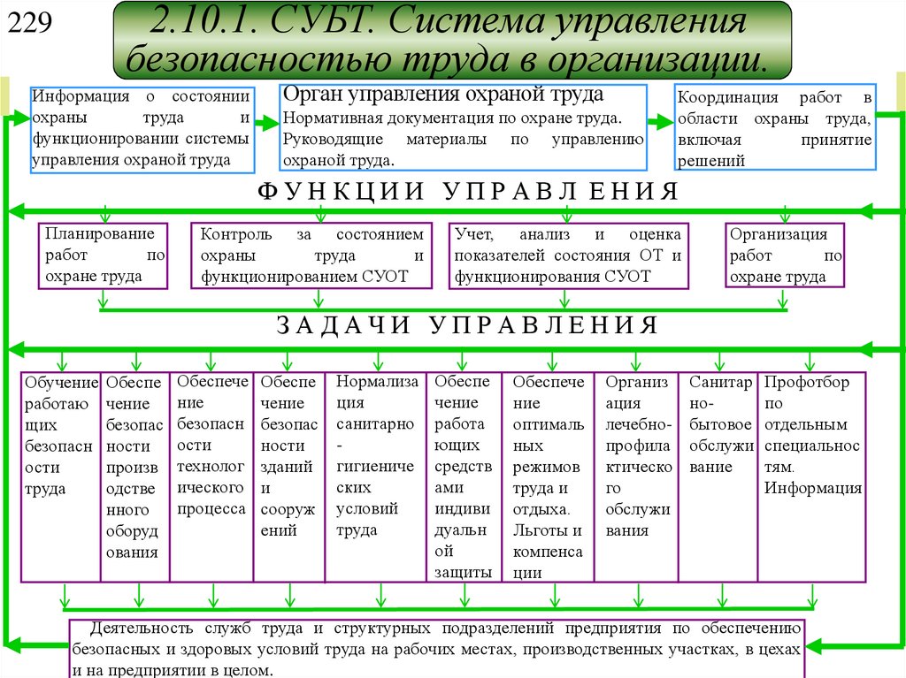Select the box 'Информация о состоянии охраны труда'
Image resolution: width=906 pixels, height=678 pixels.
coord(142,128)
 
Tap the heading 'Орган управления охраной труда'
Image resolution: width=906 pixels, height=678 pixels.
coord(442,95)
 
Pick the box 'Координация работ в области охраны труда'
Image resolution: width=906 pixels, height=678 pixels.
coord(775,128)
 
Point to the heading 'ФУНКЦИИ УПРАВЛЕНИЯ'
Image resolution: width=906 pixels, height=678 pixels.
coord(468,192)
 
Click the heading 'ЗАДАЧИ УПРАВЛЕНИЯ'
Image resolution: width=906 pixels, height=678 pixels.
coord(468,325)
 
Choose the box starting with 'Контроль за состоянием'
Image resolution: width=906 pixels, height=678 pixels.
coord(311,255)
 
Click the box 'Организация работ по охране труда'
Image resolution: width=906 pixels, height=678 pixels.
coord(785,255)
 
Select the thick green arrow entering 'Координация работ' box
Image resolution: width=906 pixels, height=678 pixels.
coord(659,124)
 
